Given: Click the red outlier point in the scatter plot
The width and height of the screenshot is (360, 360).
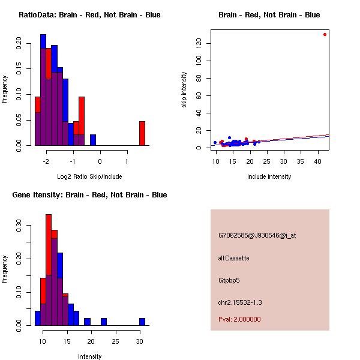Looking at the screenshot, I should point(325,34).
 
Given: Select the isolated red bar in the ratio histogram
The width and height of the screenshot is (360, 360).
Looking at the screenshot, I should point(142,133).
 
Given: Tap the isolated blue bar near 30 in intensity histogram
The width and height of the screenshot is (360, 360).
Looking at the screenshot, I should point(142,322).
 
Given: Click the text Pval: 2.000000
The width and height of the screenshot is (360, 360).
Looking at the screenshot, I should point(239,319).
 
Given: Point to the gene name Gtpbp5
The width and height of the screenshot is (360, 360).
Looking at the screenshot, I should point(229,280).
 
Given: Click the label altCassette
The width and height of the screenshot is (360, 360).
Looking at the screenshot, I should point(234,258).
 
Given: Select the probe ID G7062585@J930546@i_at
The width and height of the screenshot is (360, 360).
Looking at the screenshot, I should point(257,235).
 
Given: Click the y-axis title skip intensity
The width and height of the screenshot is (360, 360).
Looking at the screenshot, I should point(185,90).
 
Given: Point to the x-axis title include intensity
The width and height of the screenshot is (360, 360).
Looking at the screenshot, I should point(269,177).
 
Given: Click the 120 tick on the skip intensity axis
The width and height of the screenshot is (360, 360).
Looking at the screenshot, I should point(197,43).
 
